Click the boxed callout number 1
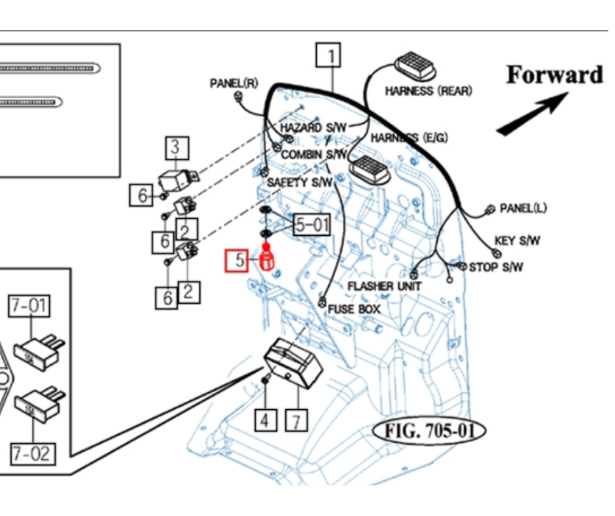tap(329, 55)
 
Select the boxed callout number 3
tap(175, 148)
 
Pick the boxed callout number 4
tap(265, 419)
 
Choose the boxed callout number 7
tap(296, 420)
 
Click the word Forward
tap(555, 75)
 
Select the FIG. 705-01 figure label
tap(430, 432)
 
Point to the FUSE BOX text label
tap(354, 308)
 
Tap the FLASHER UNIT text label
tap(380, 286)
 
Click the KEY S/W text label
tap(518, 241)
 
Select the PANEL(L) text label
tap(523, 208)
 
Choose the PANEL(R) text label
tap(234, 83)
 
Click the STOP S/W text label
tap(497, 267)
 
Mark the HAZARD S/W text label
tap(310, 126)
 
